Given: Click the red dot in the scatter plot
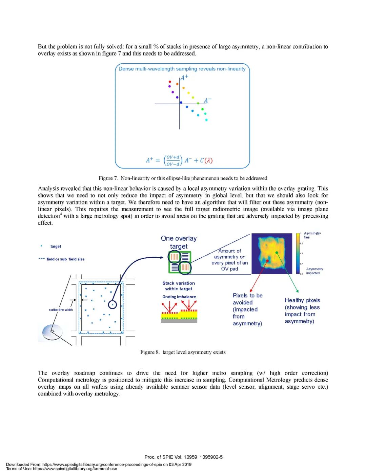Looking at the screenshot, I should (170, 82).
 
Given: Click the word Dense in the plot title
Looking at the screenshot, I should (126, 69).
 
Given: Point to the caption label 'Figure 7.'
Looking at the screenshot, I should (108, 178).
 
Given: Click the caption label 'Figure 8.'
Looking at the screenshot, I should (150, 352).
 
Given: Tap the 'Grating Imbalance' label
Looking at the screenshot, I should (179, 297).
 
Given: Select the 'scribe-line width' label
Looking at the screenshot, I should (61, 309).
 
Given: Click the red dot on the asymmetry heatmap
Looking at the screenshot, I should (268, 261).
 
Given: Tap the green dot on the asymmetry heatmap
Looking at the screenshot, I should (277, 253).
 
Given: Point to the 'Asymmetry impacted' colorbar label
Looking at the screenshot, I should (314, 271).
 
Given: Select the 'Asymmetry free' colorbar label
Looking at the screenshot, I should (312, 235).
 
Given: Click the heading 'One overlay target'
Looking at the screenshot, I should (179, 242).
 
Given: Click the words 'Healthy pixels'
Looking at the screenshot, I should (302, 300).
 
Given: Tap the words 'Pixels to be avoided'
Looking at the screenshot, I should (247, 299).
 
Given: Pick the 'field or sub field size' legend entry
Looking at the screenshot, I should (65, 259).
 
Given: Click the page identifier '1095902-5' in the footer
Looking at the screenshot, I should (211, 457).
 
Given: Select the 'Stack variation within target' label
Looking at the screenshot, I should (179, 286).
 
